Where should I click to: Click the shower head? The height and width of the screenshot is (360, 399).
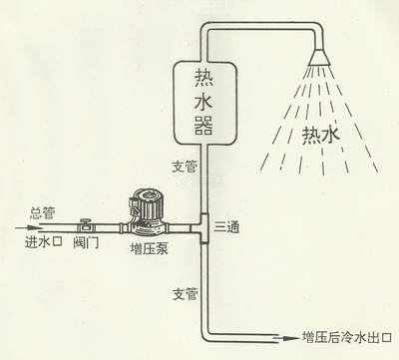[x=319, y=57]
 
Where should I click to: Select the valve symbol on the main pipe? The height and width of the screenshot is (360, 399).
[x=87, y=226]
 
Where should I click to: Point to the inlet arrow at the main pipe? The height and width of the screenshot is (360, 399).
[x=28, y=228]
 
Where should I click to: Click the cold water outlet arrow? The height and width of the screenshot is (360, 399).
[x=286, y=338]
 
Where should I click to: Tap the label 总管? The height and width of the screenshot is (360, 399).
[x=42, y=213]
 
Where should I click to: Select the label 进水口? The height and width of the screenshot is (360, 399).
[x=44, y=242]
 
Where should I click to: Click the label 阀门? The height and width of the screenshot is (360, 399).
[x=86, y=243]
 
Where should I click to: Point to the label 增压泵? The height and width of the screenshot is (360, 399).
[x=150, y=249]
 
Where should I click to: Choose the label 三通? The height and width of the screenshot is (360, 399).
[x=226, y=226]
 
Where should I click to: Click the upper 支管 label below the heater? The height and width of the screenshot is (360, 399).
[x=185, y=167]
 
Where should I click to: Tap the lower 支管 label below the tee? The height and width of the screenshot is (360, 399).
[x=186, y=294]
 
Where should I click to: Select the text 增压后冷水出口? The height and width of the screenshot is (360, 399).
[x=347, y=338]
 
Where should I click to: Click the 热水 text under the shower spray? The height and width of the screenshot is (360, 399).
[x=320, y=136]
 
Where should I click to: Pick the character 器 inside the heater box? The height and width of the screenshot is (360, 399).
[x=203, y=126]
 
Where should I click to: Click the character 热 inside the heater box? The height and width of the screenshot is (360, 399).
[x=203, y=79]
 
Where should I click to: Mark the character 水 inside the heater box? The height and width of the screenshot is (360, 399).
[x=203, y=102]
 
